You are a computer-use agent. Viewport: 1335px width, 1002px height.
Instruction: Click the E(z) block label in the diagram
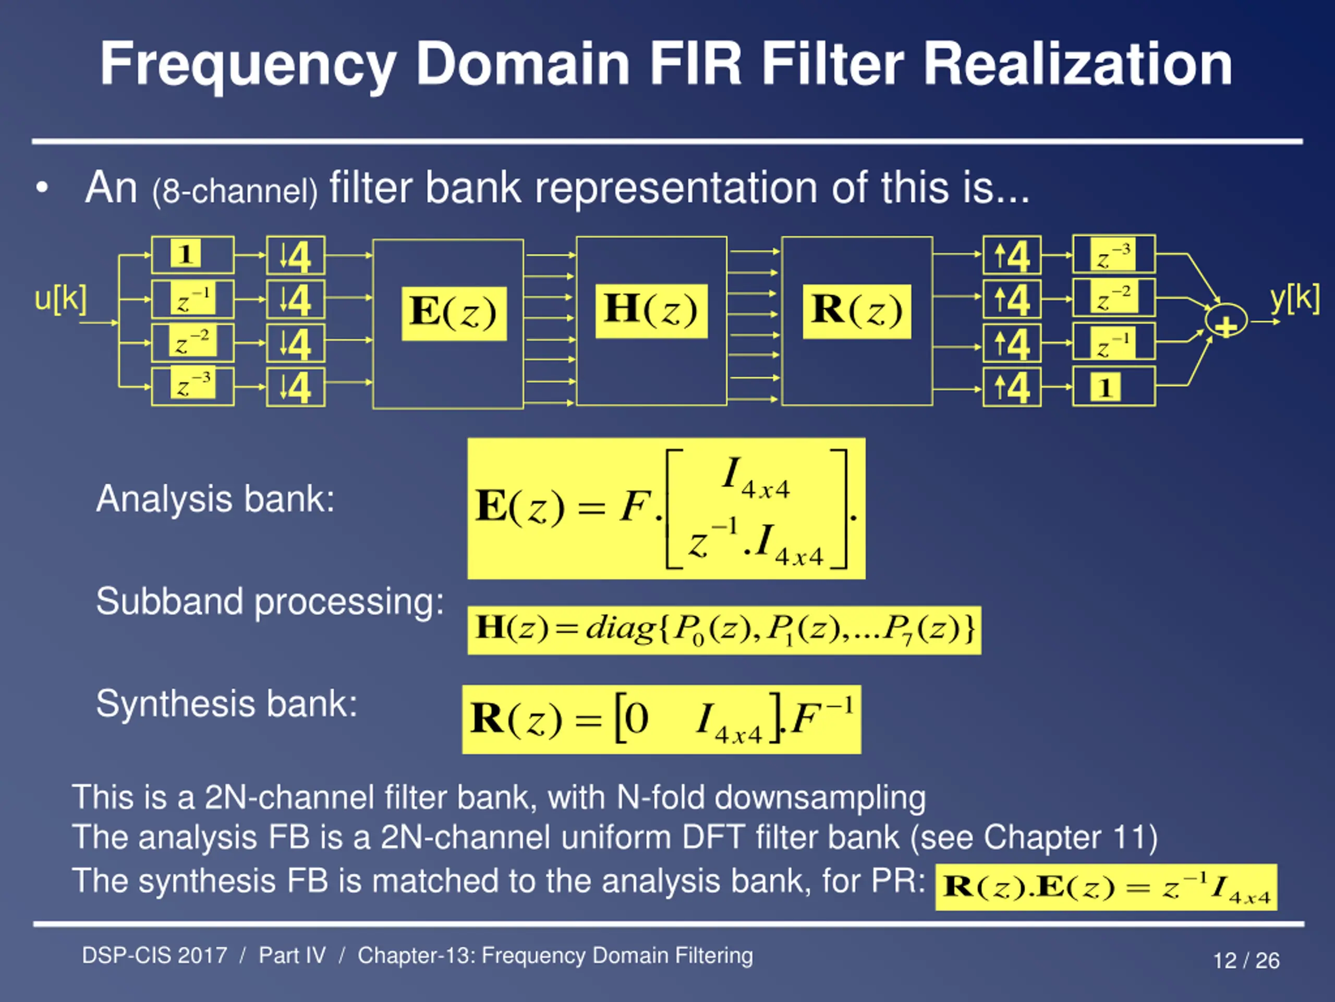(x=454, y=314)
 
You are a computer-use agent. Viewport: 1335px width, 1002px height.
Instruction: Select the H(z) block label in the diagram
(x=651, y=311)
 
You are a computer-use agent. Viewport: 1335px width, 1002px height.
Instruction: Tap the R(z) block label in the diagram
(x=856, y=312)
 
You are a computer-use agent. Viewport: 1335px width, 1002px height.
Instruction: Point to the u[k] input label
(x=60, y=299)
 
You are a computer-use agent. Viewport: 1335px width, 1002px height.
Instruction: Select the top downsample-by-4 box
(x=296, y=256)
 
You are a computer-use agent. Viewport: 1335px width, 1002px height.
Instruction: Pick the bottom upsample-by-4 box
(x=1012, y=387)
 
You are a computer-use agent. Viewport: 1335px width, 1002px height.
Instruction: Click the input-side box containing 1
(x=192, y=255)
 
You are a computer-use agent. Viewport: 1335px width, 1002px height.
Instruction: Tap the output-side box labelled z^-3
(x=1114, y=254)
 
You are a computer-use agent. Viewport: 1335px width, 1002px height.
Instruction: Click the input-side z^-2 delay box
(x=192, y=342)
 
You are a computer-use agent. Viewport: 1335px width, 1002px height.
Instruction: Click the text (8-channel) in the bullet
(x=235, y=192)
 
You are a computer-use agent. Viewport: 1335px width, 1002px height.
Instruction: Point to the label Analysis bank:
(x=215, y=499)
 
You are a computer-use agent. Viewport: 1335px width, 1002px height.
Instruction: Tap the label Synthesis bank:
(x=227, y=704)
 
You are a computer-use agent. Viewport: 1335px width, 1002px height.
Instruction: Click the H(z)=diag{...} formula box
(x=724, y=630)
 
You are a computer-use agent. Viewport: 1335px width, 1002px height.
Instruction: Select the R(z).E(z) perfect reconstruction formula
(x=1106, y=887)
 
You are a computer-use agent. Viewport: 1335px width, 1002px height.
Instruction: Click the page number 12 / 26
(x=1246, y=960)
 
